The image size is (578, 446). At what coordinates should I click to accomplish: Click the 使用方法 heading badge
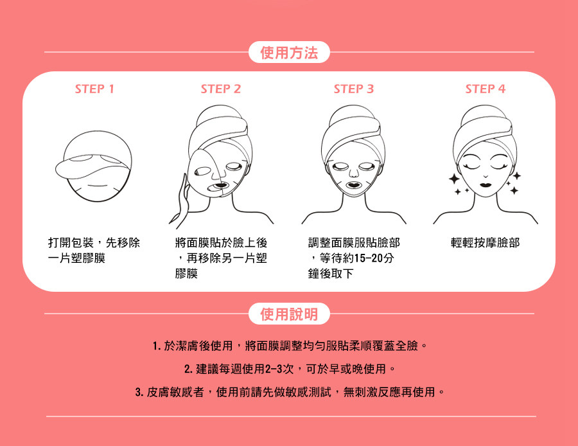(289, 53)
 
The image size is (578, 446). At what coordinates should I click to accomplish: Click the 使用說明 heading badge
(289, 314)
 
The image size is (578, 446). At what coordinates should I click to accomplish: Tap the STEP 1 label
(94, 89)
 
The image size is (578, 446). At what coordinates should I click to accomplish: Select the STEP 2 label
(221, 89)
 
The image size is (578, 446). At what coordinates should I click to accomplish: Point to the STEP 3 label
(353, 89)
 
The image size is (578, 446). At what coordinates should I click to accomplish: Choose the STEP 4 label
(485, 89)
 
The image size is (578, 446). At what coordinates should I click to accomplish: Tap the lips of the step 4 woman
(486, 183)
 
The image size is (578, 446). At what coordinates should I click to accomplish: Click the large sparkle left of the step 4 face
(454, 179)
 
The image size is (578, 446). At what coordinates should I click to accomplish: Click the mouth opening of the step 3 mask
(353, 184)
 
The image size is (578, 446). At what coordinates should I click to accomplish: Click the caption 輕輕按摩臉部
(485, 243)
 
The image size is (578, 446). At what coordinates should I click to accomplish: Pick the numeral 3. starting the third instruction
(139, 392)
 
